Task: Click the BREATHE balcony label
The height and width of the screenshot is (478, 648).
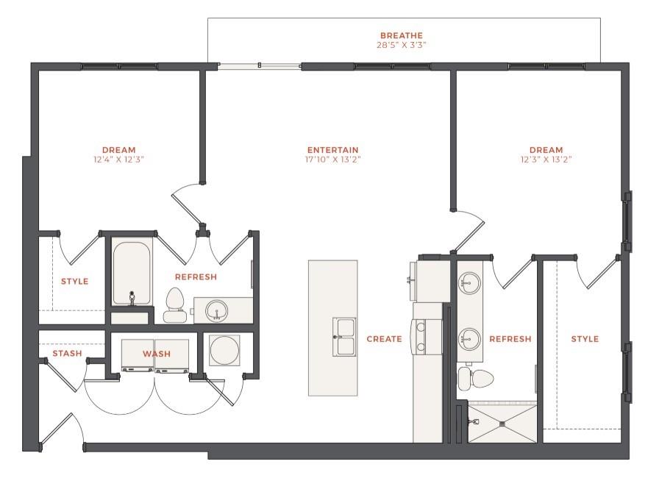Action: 402,35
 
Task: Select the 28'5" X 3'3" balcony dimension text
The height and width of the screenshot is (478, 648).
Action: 402,45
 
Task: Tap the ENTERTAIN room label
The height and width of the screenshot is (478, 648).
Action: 333,150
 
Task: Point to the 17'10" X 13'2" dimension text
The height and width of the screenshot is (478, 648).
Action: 333,160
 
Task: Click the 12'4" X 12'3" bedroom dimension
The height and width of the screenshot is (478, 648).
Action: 118,160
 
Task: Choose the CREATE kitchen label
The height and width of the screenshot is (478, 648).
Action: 384,339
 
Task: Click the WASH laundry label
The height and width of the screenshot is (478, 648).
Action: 156,354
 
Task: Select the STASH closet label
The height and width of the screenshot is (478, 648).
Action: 67,354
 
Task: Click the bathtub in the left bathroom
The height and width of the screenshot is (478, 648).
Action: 132,273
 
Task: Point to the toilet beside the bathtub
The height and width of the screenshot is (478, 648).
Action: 174,304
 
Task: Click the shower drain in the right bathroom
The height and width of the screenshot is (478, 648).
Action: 504,423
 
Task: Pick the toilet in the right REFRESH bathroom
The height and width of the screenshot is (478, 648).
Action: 474,379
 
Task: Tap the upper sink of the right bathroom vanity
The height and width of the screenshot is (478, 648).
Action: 469,283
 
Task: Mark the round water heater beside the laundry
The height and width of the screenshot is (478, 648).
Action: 224,351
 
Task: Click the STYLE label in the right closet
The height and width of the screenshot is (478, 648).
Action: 585,339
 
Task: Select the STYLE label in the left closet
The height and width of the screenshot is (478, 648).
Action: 74,282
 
